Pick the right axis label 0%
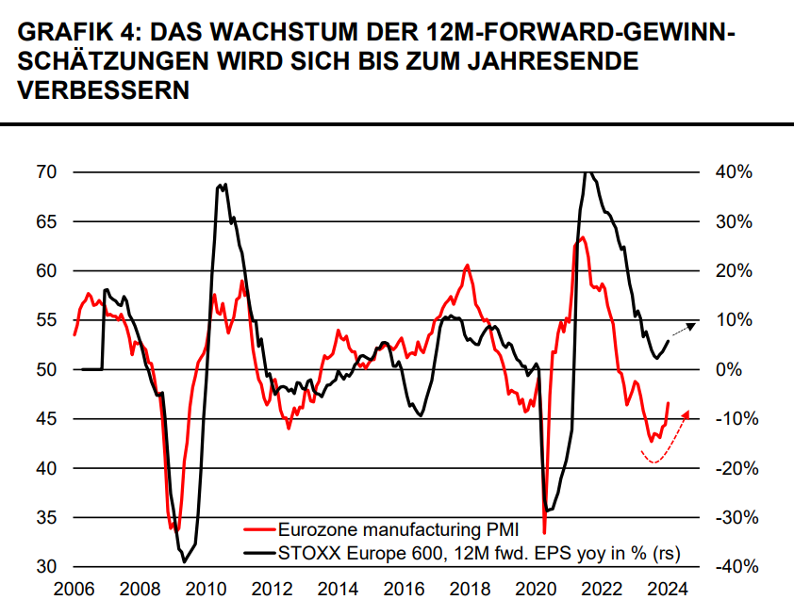(727, 369)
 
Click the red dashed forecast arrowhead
(686, 413)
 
